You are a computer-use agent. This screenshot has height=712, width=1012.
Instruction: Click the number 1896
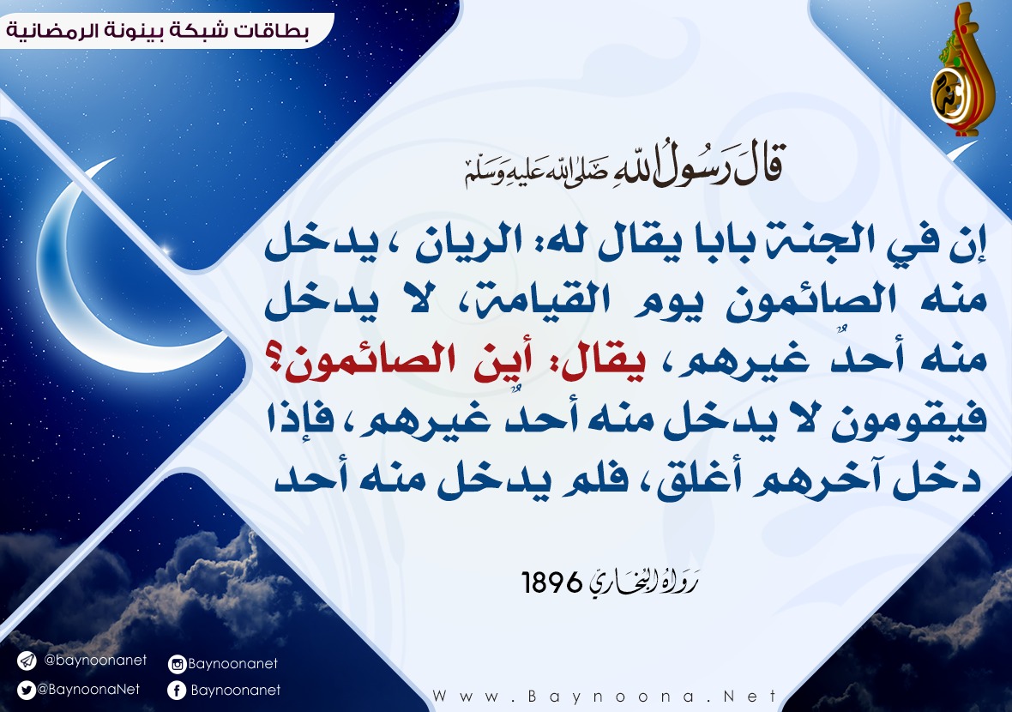coord(551,583)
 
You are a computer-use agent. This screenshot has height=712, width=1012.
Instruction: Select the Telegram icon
coord(27,661)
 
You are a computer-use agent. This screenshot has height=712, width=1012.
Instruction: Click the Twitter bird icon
coord(27,691)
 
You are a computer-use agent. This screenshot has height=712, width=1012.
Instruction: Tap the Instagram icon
coord(177,664)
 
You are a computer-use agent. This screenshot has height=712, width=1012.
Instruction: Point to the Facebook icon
coord(177,691)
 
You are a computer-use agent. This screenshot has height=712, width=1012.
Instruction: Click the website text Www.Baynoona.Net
coord(605,697)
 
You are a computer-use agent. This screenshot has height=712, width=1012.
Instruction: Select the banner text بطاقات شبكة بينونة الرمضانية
coord(158,30)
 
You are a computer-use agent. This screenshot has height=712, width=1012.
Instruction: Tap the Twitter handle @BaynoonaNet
coord(88,690)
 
